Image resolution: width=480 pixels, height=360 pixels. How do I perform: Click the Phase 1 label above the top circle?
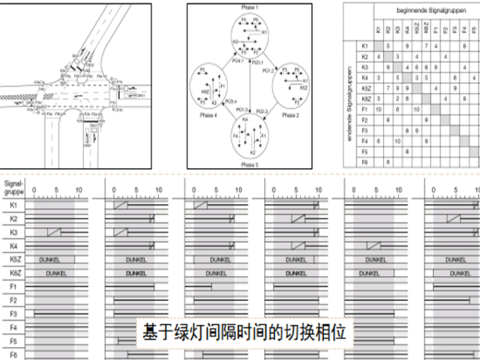tap(249, 6)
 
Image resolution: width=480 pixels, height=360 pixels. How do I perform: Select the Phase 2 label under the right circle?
tap(290, 116)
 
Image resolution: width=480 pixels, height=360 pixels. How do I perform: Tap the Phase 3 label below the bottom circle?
tap(249, 163)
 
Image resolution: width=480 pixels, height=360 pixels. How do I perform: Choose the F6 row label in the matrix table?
tap(364, 162)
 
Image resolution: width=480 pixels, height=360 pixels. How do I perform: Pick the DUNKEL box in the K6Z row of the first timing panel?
tap(56, 273)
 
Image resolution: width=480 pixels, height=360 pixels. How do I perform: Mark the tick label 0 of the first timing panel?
tap(35, 189)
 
